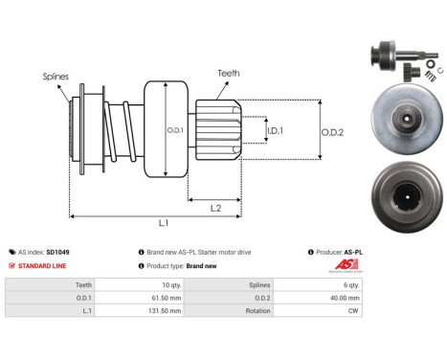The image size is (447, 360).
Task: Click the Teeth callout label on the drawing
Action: pyautogui.click(x=228, y=71)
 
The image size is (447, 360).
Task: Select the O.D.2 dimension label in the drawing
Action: pyautogui.click(x=332, y=131)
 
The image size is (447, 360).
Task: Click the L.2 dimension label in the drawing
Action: pyautogui.click(x=215, y=208)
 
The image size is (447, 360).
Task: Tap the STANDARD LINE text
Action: pyautogui.click(x=44, y=265)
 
